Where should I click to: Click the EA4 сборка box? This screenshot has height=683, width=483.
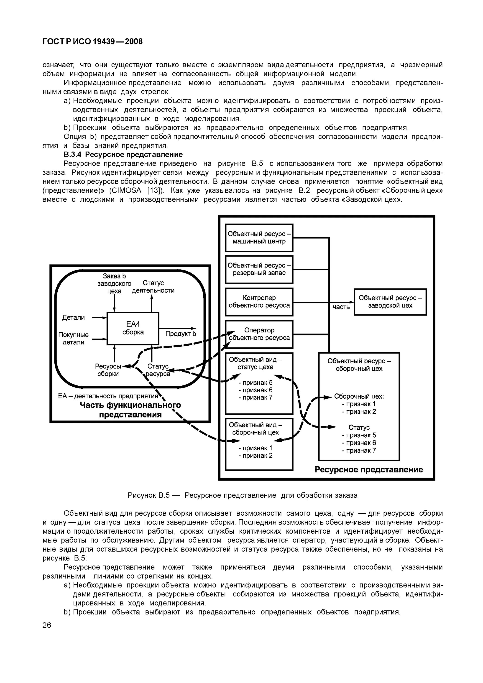(133, 328)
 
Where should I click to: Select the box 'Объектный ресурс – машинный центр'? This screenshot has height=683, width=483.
(259, 238)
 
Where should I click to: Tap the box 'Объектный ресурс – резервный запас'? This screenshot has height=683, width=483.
(259, 269)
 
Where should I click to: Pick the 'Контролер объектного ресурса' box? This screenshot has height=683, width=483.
(259, 302)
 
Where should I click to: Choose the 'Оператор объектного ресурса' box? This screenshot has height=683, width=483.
(259, 334)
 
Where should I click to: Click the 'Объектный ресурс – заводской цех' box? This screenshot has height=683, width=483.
(390, 302)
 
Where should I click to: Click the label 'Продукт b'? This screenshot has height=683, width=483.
(181, 334)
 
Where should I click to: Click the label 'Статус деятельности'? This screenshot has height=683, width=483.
(153, 286)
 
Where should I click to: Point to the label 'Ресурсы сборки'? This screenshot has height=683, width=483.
(108, 370)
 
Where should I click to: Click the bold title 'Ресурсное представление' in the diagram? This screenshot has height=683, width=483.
(368, 469)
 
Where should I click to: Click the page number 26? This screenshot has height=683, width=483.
(47, 625)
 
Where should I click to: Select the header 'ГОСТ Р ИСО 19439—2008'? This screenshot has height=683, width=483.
(92, 42)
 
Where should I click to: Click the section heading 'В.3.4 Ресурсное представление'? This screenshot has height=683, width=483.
(123, 154)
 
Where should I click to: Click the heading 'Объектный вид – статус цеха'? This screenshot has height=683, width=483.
(255, 363)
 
